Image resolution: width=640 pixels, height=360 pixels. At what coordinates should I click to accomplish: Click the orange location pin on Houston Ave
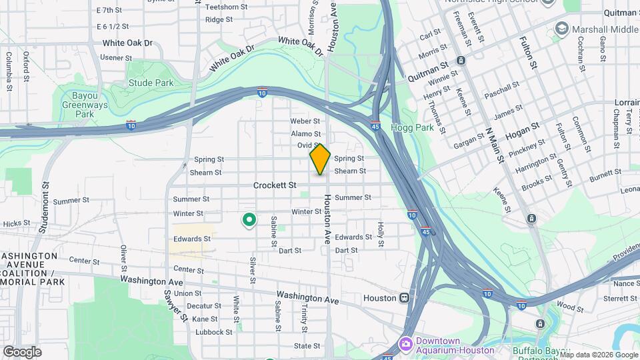320,159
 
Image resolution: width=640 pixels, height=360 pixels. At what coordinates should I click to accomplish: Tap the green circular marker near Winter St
249,219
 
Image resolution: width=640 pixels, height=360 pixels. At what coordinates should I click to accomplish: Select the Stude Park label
151,83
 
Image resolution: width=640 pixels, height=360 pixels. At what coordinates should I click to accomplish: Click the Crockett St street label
274,185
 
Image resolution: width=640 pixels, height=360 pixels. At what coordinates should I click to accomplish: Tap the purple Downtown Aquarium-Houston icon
405,344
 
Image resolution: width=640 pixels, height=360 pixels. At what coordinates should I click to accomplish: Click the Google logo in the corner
22,352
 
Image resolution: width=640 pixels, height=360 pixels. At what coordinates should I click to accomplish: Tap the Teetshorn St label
227,7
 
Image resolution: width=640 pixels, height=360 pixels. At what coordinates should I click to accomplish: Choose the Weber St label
306,121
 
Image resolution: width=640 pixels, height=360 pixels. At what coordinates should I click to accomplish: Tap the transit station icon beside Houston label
404,298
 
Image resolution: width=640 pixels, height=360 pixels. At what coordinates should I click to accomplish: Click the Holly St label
381,234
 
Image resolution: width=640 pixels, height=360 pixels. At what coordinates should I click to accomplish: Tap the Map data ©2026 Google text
597,354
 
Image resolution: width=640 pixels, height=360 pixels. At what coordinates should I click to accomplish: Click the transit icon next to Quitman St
461,61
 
